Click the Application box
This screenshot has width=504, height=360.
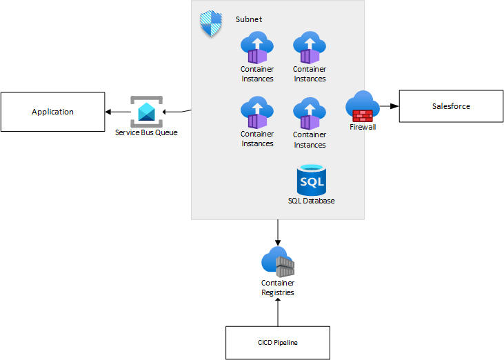pos(52,112)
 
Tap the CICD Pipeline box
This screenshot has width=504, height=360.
pos(277,343)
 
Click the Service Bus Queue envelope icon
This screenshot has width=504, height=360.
pos(145,111)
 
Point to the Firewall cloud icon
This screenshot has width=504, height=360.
pos(363,106)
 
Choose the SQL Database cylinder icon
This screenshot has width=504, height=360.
pos(311,179)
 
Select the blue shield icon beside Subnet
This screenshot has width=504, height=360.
pos(211,25)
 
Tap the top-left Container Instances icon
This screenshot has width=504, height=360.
pos(257,48)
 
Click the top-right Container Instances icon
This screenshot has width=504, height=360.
pos(310,48)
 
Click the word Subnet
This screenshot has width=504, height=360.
pos(249,19)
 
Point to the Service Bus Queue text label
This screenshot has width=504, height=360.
pos(146,132)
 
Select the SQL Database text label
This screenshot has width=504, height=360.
pos(311,201)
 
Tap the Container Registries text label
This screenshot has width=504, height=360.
pos(278,288)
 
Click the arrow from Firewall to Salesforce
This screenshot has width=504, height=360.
pos(389,106)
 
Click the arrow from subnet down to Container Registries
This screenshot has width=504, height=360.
pos(278,232)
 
